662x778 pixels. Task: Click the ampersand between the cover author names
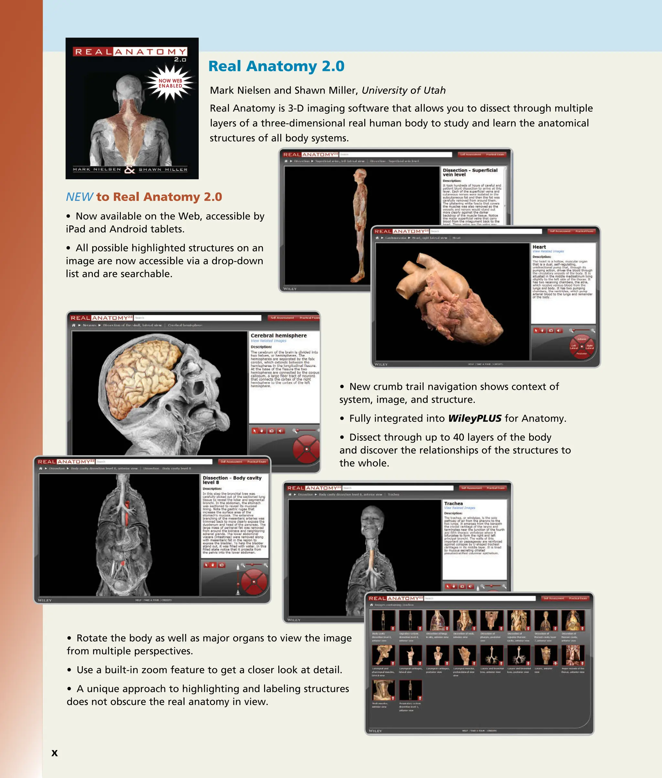pyautogui.click(x=130, y=170)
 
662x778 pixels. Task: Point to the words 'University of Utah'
pyautogui.click(x=403, y=90)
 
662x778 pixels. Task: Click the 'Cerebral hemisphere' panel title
pyautogui.click(x=278, y=335)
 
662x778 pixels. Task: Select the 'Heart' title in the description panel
pyautogui.click(x=539, y=247)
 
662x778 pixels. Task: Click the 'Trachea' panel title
pyautogui.click(x=453, y=503)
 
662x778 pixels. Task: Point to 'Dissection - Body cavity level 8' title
pyautogui.click(x=231, y=480)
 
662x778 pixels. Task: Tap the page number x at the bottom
pyautogui.click(x=54, y=753)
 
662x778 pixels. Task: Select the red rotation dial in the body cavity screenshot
pyautogui.click(x=254, y=582)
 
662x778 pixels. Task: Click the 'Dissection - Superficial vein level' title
pyautogui.click(x=470, y=172)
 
